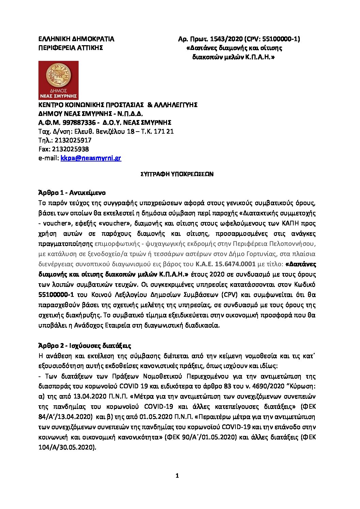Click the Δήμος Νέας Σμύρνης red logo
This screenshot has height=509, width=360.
[x=58, y=80]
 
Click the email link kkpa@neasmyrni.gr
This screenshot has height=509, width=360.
[x=91, y=158]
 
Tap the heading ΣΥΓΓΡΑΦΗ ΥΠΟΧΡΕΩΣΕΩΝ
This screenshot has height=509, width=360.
[x=177, y=174]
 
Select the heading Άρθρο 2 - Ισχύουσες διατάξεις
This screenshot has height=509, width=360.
[x=85, y=346]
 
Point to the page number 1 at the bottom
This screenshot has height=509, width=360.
[x=177, y=476]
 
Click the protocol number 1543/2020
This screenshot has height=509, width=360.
[x=224, y=39]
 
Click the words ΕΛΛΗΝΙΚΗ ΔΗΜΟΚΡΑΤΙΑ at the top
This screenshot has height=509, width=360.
[x=76, y=39]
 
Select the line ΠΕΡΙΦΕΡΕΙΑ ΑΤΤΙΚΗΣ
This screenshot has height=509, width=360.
[x=70, y=48]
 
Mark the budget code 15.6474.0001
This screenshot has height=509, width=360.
[x=235, y=264]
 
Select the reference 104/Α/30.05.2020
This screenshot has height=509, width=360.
[x=67, y=447]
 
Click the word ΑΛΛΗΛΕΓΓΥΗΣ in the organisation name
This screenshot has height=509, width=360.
[x=176, y=105]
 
